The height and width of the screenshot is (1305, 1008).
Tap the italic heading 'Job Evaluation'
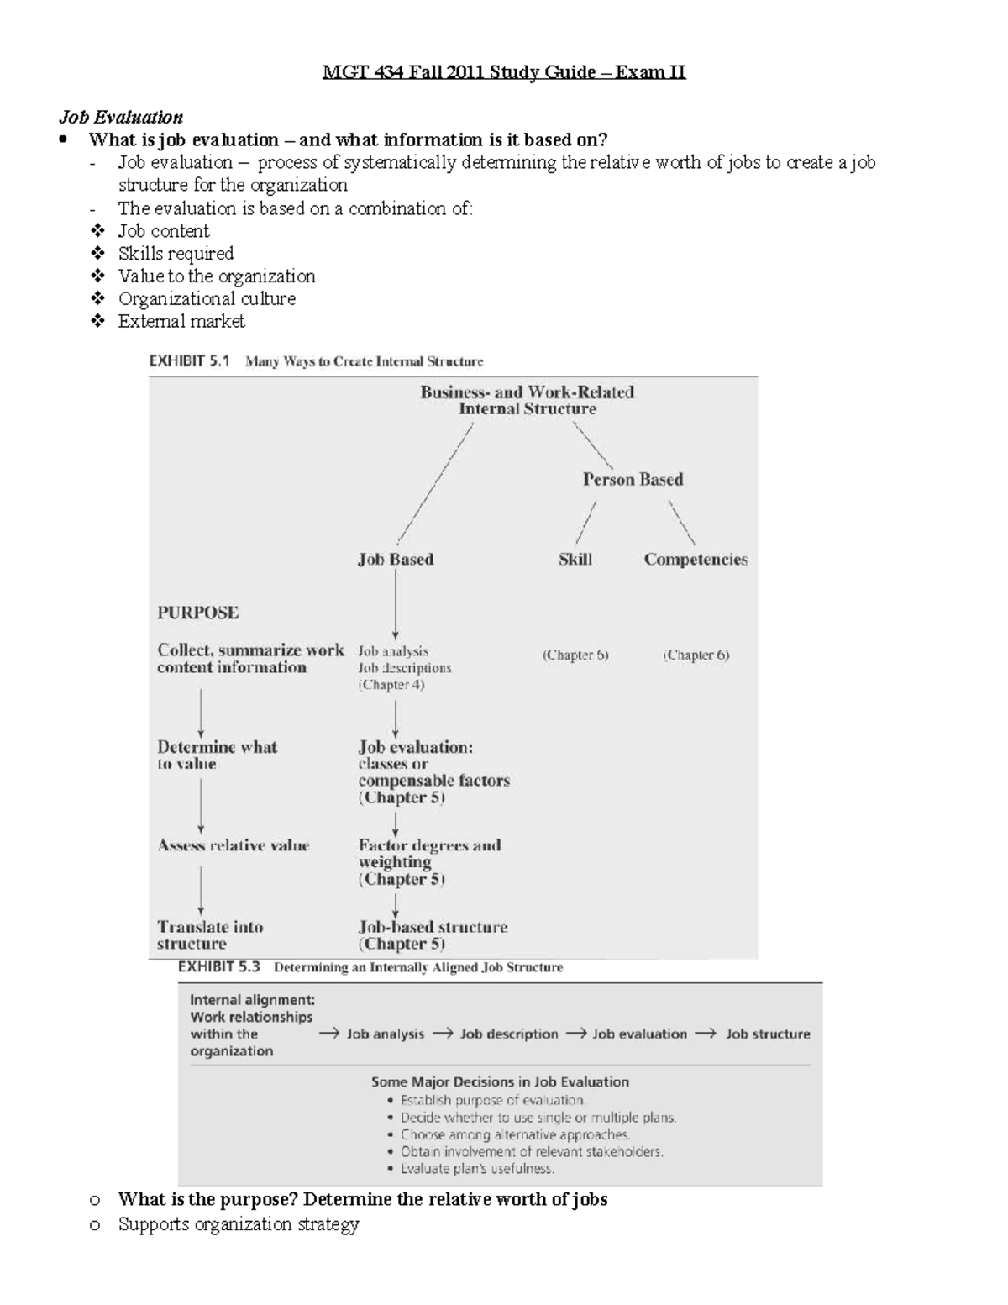tap(120, 117)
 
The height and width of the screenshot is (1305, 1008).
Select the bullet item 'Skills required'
tap(176, 254)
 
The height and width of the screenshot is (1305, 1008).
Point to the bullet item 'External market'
tap(181, 321)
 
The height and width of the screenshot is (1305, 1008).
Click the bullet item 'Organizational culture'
tap(207, 298)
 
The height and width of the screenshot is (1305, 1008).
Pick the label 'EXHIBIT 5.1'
tap(189, 361)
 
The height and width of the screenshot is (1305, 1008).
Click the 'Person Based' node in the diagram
tap(633, 480)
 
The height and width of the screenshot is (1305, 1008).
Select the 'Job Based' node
tap(396, 560)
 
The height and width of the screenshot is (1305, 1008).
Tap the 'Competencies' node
tap(696, 560)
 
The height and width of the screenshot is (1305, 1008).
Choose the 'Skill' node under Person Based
tap(575, 560)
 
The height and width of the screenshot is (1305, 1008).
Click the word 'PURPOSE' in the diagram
tap(198, 613)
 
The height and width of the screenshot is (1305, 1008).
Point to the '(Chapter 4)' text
tap(391, 685)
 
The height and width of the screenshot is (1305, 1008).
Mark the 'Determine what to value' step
tap(217, 755)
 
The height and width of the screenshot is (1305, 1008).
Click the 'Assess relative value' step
tap(234, 845)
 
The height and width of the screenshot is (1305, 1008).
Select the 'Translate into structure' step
tap(210, 935)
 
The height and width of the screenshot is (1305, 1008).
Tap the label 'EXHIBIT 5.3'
tap(219, 967)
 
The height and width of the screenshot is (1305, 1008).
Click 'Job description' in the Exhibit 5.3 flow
tap(509, 1034)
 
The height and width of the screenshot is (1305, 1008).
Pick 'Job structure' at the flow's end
tap(768, 1034)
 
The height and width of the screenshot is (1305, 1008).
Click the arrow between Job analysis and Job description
tap(443, 1034)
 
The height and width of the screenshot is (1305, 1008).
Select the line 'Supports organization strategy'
tap(239, 1224)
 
